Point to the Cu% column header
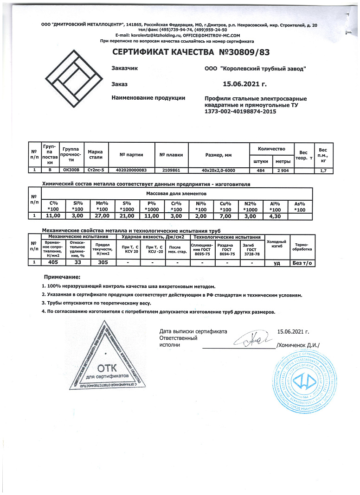pos(226,206)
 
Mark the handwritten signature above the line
pos(253,340)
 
